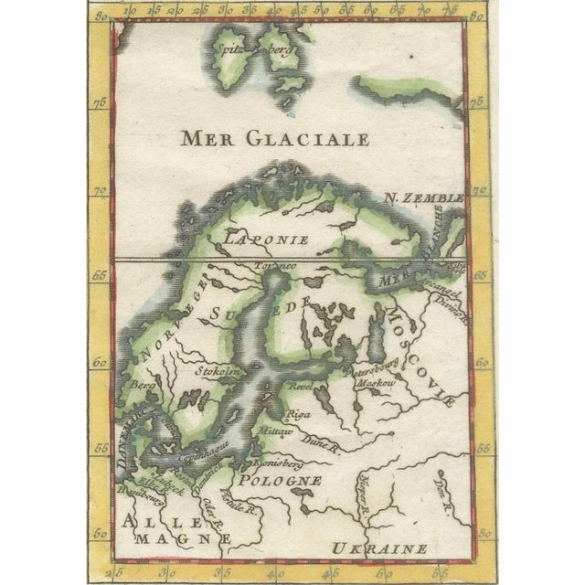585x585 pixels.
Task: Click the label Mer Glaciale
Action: [x=275, y=139]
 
